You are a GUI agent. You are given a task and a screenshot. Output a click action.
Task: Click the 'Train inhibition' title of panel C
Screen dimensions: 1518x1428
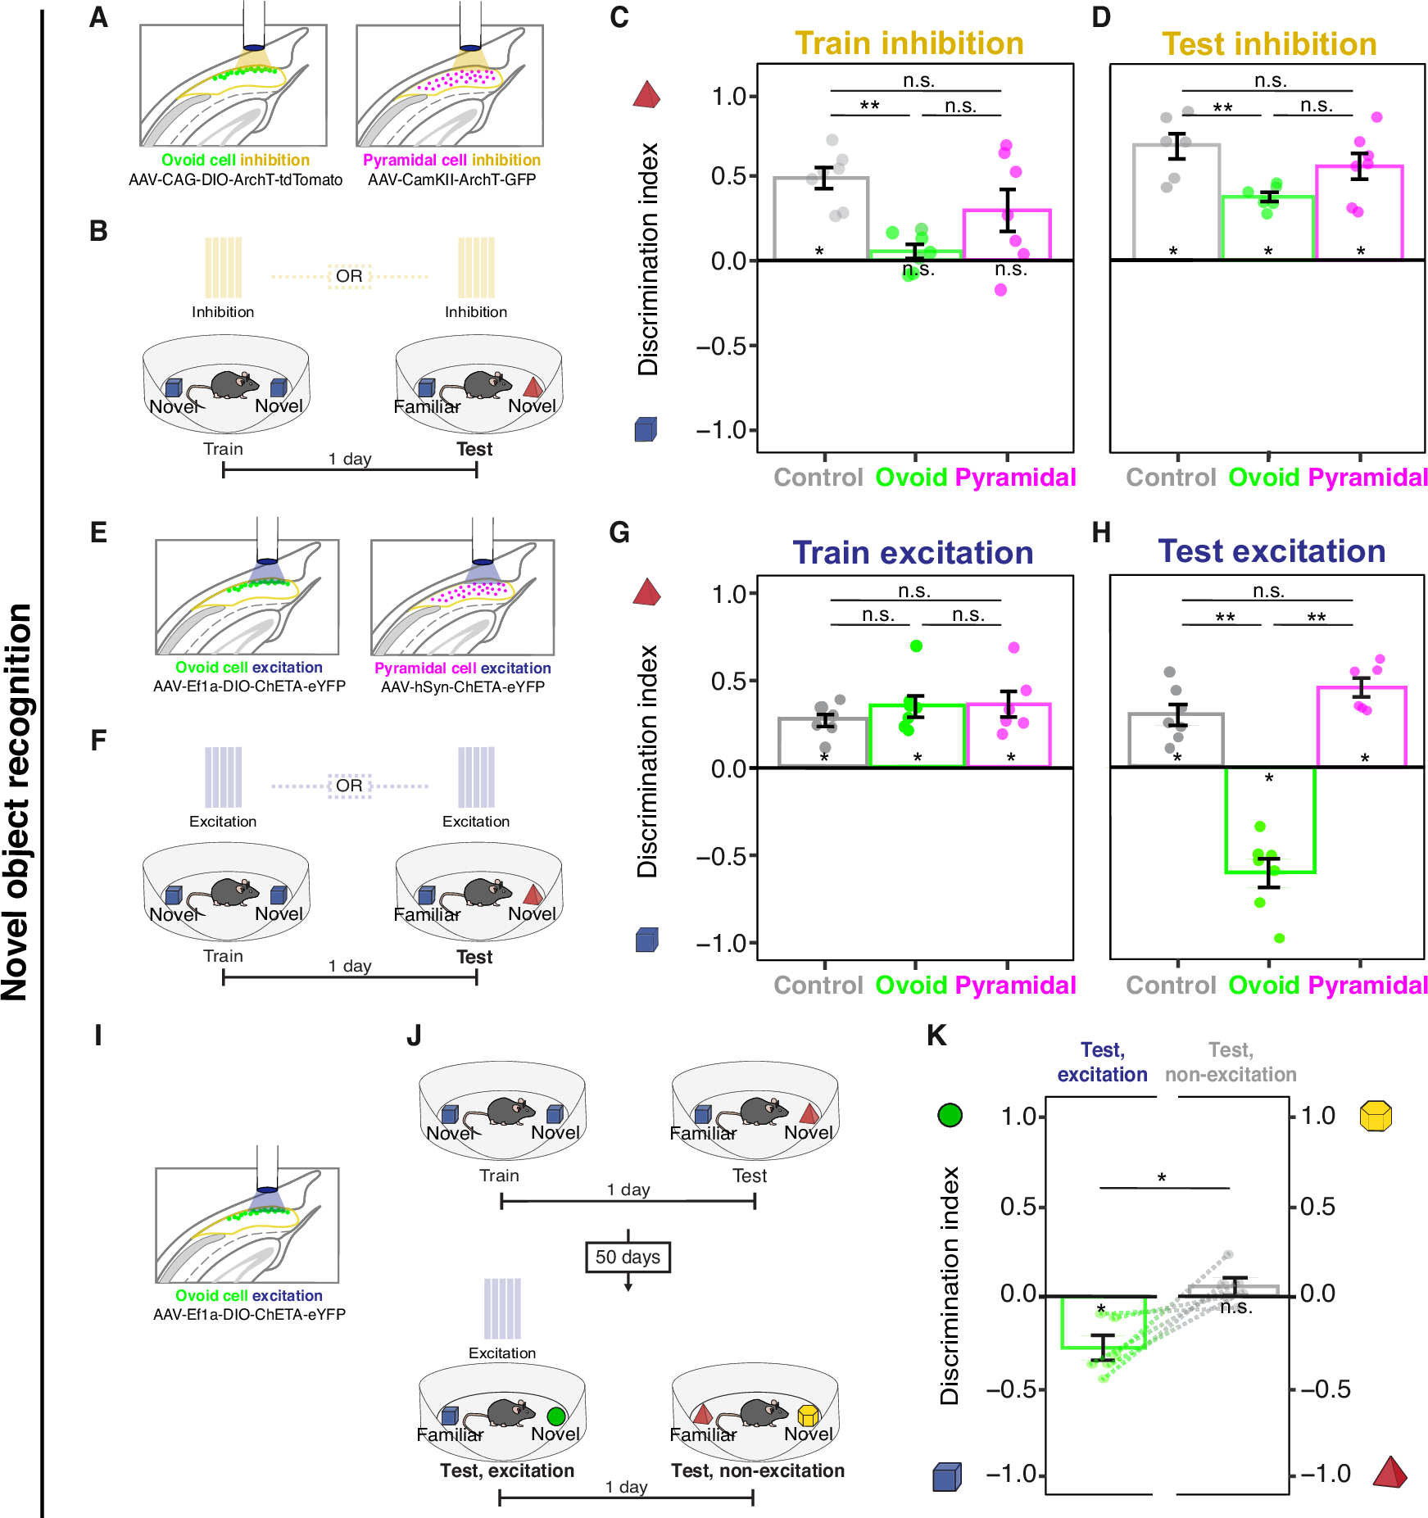pyautogui.click(x=909, y=43)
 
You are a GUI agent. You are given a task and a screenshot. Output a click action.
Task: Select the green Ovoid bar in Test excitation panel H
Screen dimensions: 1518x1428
pyautogui.click(x=1270, y=819)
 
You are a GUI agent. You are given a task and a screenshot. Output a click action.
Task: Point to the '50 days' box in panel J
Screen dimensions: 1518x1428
pyautogui.click(x=628, y=1257)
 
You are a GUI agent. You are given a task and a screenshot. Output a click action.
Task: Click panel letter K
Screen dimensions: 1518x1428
pyautogui.click(x=936, y=1035)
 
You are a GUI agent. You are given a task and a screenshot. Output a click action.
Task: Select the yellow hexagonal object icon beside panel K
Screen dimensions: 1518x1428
pyautogui.click(x=1376, y=1116)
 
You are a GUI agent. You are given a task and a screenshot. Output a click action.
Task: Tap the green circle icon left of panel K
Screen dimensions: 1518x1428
pyautogui.click(x=950, y=1115)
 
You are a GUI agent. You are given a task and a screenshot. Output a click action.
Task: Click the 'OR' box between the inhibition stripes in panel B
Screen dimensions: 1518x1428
pyautogui.click(x=350, y=276)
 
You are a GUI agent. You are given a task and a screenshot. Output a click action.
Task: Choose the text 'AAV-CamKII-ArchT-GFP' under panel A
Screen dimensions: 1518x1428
pyautogui.click(x=451, y=179)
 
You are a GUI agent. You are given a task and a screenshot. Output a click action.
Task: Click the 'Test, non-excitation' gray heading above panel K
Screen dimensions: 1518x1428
pyautogui.click(x=1231, y=1062)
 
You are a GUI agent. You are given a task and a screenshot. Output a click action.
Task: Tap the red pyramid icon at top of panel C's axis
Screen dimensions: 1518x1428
pyautogui.click(x=646, y=95)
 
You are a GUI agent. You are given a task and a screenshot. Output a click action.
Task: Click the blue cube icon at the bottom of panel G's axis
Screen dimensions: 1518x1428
pyautogui.click(x=646, y=940)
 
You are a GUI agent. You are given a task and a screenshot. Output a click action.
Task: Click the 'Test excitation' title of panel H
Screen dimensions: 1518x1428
pyautogui.click(x=1272, y=551)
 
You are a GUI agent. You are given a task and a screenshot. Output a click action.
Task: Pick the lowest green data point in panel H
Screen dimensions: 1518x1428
pyautogui.click(x=1279, y=938)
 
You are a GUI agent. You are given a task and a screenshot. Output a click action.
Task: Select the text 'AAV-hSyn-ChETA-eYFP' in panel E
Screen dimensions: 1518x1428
pyautogui.click(x=462, y=686)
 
